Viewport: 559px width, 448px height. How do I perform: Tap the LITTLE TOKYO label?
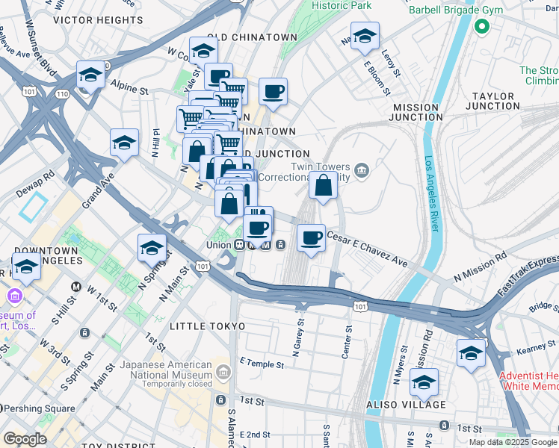(207, 327)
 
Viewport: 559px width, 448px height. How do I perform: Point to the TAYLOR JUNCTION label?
(492, 102)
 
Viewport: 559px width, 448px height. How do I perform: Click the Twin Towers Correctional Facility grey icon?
(361, 171)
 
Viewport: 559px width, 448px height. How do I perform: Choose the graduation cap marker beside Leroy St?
(365, 37)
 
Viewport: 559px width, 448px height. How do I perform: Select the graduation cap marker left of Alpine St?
(90, 75)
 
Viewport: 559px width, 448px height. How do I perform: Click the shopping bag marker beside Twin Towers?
(323, 187)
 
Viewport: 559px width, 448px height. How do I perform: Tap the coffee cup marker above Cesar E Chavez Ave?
(312, 239)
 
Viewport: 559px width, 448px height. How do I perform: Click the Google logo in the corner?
(24, 439)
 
